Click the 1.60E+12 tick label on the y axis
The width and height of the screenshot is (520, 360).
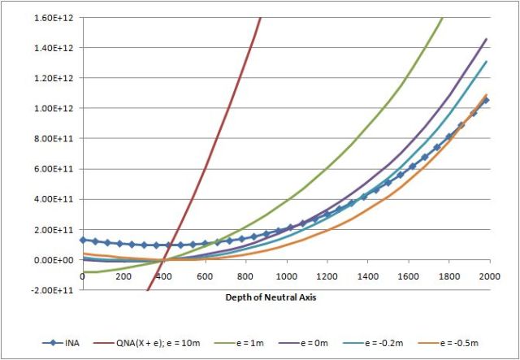click(x=56, y=17)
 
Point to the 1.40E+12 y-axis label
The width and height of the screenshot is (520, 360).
click(x=56, y=47)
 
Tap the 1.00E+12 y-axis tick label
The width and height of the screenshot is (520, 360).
click(x=56, y=108)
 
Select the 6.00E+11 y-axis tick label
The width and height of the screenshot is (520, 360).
click(x=56, y=169)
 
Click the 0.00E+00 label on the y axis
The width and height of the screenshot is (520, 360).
click(x=56, y=260)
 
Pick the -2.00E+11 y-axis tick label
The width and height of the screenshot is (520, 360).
click(x=55, y=290)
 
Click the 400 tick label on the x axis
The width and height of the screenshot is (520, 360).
click(x=163, y=277)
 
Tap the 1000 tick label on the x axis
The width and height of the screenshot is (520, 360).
click(x=285, y=277)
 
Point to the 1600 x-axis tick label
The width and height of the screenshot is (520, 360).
click(x=407, y=277)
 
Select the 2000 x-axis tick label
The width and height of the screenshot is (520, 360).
click(x=488, y=277)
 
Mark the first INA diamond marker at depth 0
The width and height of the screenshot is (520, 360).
click(x=83, y=240)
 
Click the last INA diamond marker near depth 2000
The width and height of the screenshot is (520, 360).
click(x=486, y=101)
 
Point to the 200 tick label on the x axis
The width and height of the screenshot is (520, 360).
click(x=123, y=277)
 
